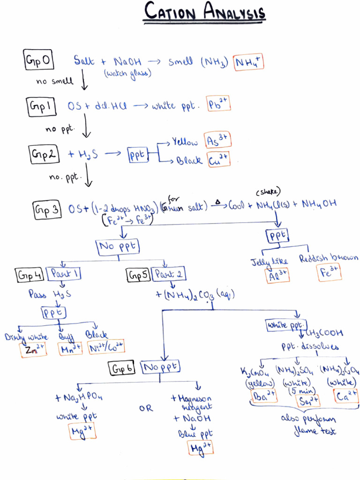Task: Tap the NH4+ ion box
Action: [249, 61]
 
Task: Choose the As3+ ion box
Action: [218, 140]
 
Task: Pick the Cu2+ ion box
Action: [218, 160]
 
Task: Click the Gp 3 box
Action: [47, 210]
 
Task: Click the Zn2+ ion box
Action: [33, 350]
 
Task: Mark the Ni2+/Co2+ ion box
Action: [106, 347]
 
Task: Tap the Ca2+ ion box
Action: [346, 396]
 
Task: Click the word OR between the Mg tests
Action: [146, 408]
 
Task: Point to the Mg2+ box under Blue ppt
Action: [200, 448]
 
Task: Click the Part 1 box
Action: [64, 274]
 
